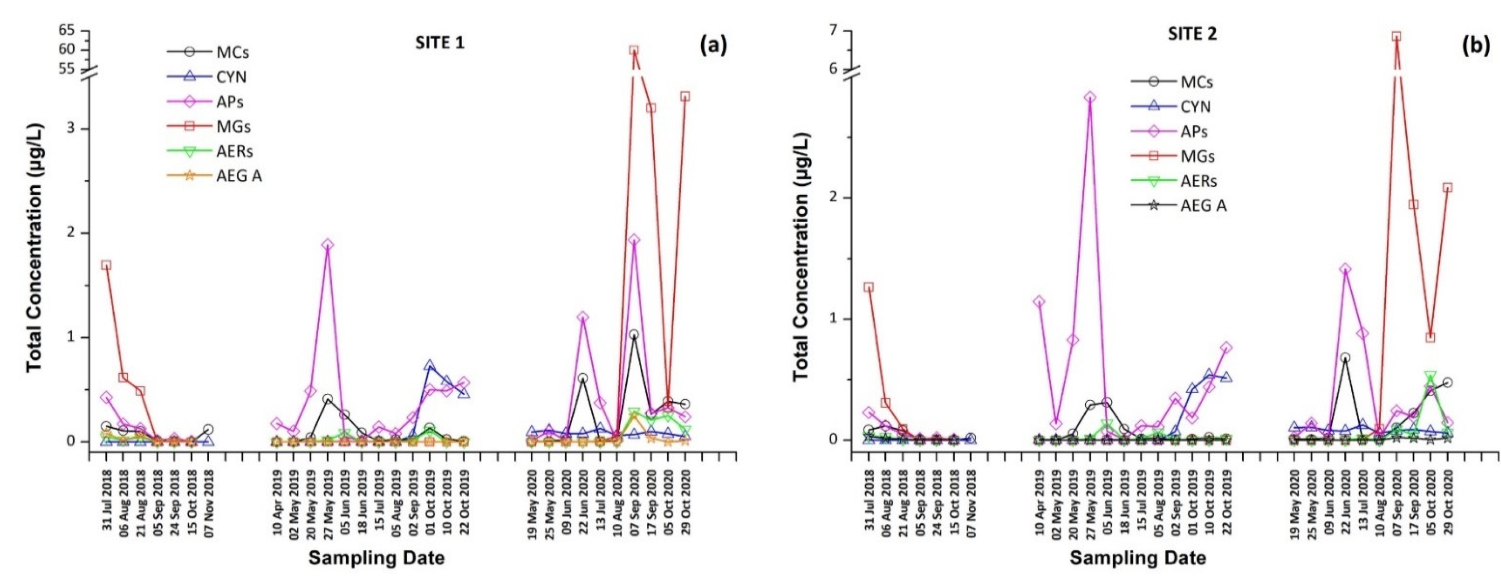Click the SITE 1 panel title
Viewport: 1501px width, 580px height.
[440, 43]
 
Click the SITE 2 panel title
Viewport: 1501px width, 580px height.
[1192, 35]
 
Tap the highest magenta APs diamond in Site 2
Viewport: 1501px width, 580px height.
[1090, 97]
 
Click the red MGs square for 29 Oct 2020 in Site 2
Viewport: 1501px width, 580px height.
[1447, 187]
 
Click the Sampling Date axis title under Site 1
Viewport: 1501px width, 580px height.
[376, 558]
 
